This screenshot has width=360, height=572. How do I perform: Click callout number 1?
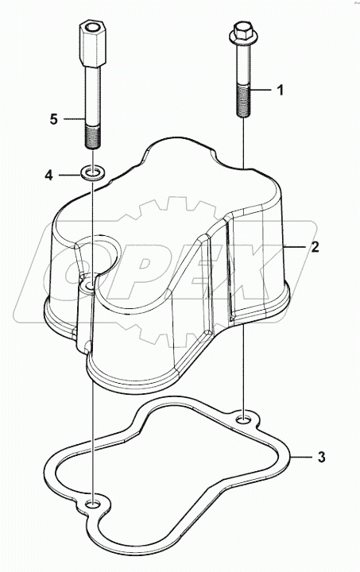[280, 91]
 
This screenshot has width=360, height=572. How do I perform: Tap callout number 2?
[315, 248]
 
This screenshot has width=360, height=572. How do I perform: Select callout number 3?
[321, 457]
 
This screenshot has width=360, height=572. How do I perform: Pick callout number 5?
[54, 120]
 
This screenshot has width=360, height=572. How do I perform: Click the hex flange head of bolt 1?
[241, 34]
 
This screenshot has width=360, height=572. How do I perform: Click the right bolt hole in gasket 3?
[245, 415]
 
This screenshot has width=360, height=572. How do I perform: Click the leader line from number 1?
[262, 91]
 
